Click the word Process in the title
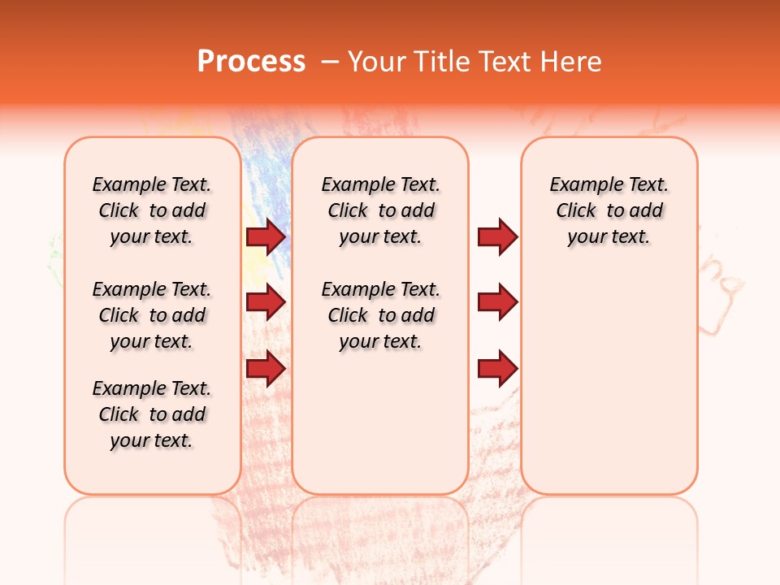point(251,61)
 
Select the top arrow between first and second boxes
point(265,236)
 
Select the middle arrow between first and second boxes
point(265,303)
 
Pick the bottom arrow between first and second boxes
point(265,370)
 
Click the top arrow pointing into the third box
point(497,236)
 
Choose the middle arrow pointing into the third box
point(497,303)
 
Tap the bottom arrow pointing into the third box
point(497,370)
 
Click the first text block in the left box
point(152,210)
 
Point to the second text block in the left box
point(152,315)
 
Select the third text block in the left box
point(152,414)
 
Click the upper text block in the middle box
point(380,210)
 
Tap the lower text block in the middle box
point(380,315)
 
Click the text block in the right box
point(609,210)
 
